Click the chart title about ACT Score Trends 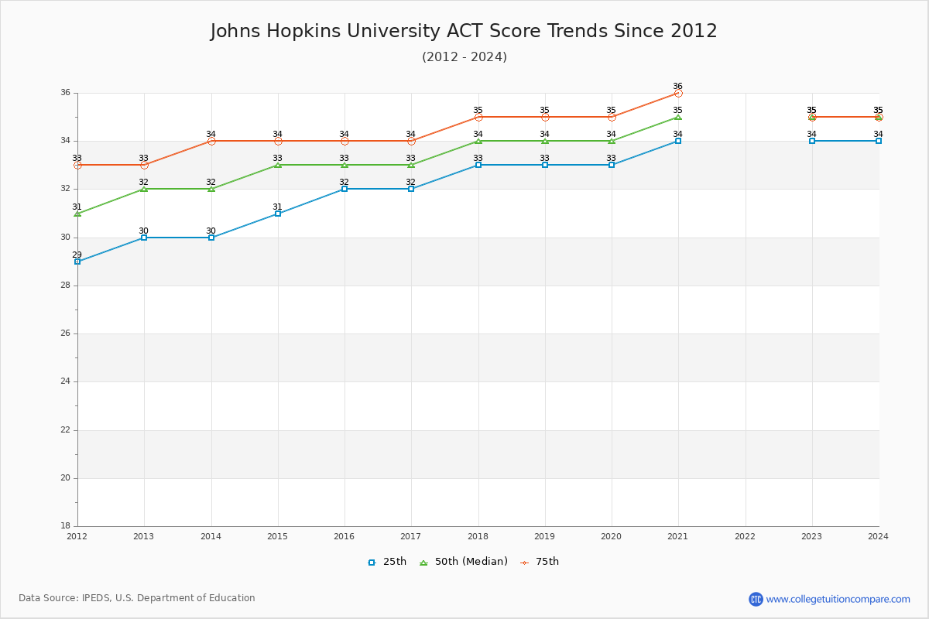(464, 31)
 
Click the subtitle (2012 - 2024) (464, 57)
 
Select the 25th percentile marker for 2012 (77, 262)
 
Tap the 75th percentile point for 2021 (678, 93)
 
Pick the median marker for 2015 (278, 165)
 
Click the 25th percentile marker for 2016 (345, 189)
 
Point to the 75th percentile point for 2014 (211, 141)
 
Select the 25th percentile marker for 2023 (812, 141)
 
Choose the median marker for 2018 (478, 141)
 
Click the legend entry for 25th (387, 562)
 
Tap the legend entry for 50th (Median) (464, 562)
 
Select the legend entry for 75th (540, 562)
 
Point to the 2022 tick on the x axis (745, 535)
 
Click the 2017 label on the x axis (411, 535)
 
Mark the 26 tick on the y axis (66, 333)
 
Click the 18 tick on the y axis (66, 526)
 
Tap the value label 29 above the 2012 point (77, 255)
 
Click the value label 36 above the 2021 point (678, 86)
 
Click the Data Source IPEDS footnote (137, 598)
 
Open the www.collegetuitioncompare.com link (838, 599)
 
